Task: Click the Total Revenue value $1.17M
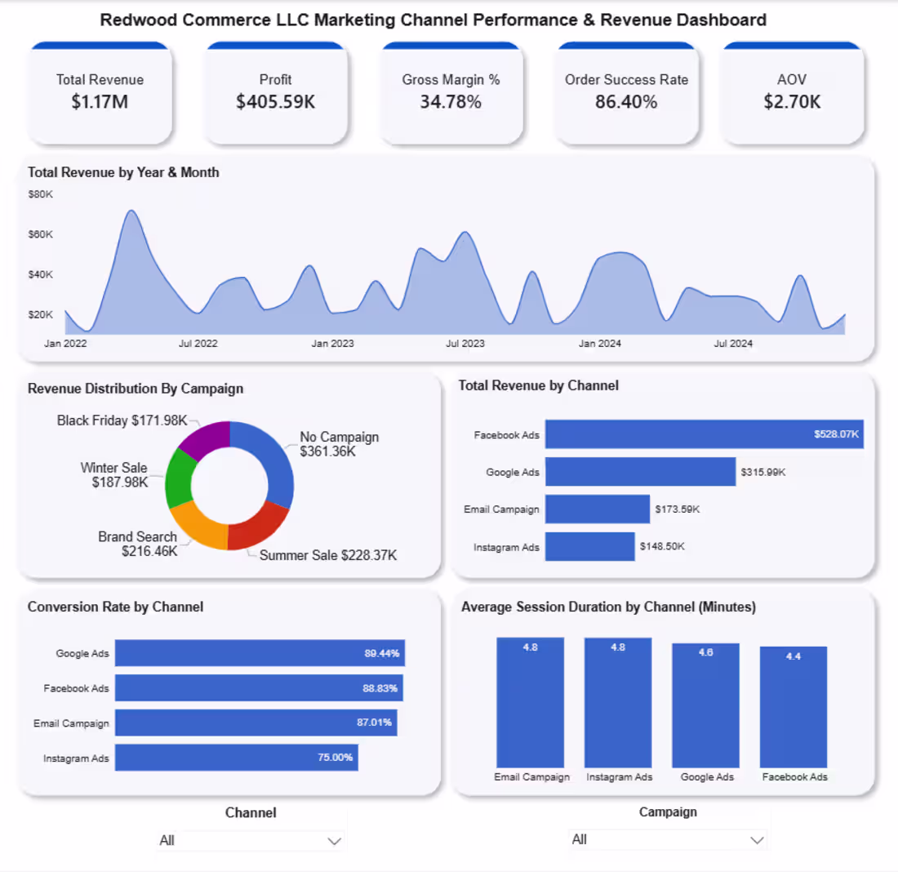(100, 102)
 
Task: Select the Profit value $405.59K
(275, 102)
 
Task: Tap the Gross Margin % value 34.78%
(451, 102)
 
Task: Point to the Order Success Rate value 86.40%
(626, 102)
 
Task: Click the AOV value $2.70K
(792, 102)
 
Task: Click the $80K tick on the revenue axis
(40, 194)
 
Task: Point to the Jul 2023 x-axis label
(465, 344)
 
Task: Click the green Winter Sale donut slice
(179, 479)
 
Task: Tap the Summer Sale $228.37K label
(328, 555)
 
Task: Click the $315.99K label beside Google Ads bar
(763, 472)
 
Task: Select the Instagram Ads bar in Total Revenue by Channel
(589, 547)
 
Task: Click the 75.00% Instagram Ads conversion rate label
(336, 758)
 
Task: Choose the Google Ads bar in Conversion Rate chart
(260, 653)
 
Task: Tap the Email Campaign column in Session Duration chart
(531, 702)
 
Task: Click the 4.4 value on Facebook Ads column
(793, 656)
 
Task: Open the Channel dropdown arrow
(333, 841)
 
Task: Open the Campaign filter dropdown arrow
(757, 840)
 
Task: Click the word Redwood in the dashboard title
(133, 20)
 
